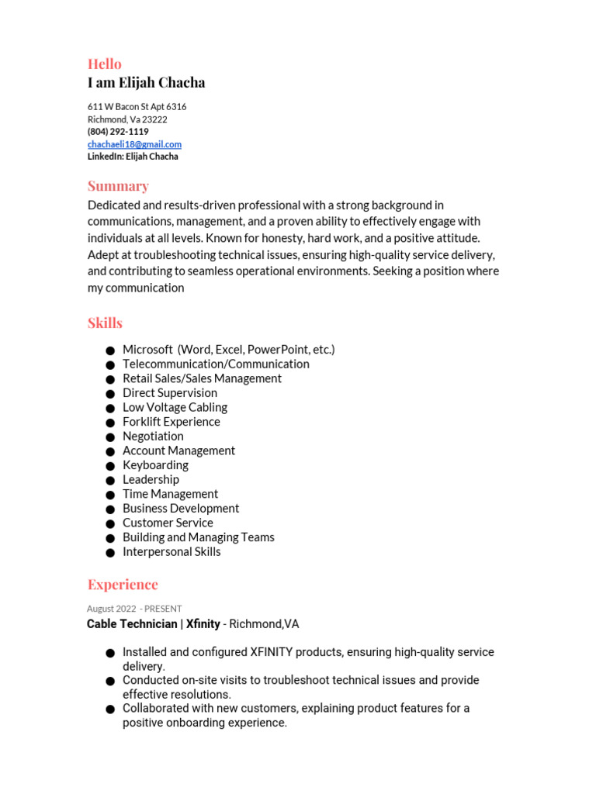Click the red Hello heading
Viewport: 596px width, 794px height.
104,64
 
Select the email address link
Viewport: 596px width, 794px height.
134,144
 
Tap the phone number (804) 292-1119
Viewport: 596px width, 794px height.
118,132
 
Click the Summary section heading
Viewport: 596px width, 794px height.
118,186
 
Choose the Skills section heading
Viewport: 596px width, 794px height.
105,323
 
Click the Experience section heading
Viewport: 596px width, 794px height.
123,584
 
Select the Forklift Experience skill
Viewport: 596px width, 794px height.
171,422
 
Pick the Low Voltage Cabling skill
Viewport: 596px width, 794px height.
175,407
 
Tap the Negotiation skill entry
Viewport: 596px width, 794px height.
153,436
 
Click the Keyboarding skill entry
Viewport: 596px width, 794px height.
155,465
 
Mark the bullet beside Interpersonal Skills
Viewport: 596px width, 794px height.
111,553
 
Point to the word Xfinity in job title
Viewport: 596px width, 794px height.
203,623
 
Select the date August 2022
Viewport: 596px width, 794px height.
111,609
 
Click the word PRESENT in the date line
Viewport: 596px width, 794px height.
163,609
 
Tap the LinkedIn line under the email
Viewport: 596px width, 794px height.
132,157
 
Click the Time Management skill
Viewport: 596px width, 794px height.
170,494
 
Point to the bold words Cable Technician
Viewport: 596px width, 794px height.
132,623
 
